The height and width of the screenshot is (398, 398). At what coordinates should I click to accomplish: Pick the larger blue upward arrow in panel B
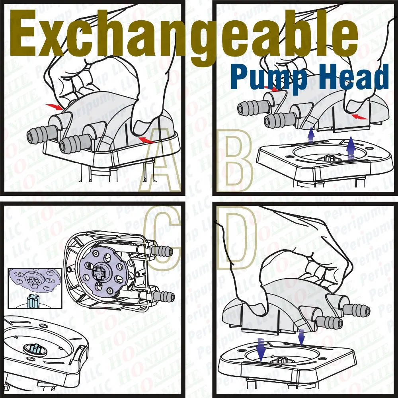click(351, 148)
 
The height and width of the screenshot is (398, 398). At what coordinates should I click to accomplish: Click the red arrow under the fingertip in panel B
click(360, 117)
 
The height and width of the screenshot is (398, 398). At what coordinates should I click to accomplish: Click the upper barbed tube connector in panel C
click(163, 251)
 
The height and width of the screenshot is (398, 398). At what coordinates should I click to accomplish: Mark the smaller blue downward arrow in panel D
click(301, 337)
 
